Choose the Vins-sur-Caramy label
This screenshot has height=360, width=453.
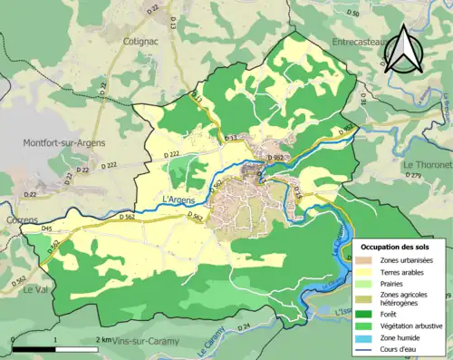tap(141, 342)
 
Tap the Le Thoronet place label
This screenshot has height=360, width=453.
tap(426, 165)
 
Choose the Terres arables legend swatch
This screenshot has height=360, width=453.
tap(369, 270)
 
